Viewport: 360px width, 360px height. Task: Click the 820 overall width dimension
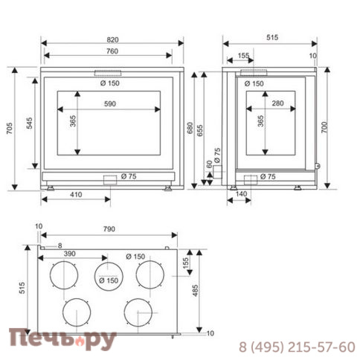pyautogui.click(x=112, y=38)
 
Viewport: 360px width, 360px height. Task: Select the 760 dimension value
pyautogui.click(x=112, y=52)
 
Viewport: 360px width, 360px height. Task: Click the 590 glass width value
pyautogui.click(x=111, y=104)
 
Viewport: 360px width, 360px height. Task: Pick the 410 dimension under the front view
pyautogui.click(x=75, y=196)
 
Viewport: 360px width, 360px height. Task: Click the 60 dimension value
pyautogui.click(x=208, y=166)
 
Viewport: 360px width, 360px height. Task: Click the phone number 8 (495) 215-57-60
pyautogui.click(x=296, y=347)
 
